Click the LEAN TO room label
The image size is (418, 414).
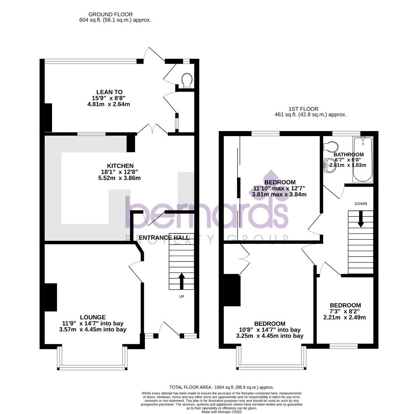tap(109, 92)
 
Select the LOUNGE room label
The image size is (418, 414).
tap(93, 317)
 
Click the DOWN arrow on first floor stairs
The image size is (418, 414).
tap(360, 219)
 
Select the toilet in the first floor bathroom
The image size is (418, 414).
tap(330, 146)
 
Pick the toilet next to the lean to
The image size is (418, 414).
tap(187, 80)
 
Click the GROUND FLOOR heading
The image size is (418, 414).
tap(111, 15)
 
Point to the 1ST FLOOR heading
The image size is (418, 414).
tap(304, 109)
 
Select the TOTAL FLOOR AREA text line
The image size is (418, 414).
tap(221, 387)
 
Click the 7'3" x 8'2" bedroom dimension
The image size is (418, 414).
tap(345, 311)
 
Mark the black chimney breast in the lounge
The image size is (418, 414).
tap(51, 297)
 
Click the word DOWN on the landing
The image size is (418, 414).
tap(360, 204)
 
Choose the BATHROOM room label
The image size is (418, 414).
tap(348, 154)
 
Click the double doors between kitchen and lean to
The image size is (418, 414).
tap(152, 129)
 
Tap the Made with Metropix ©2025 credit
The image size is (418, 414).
tap(221, 412)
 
